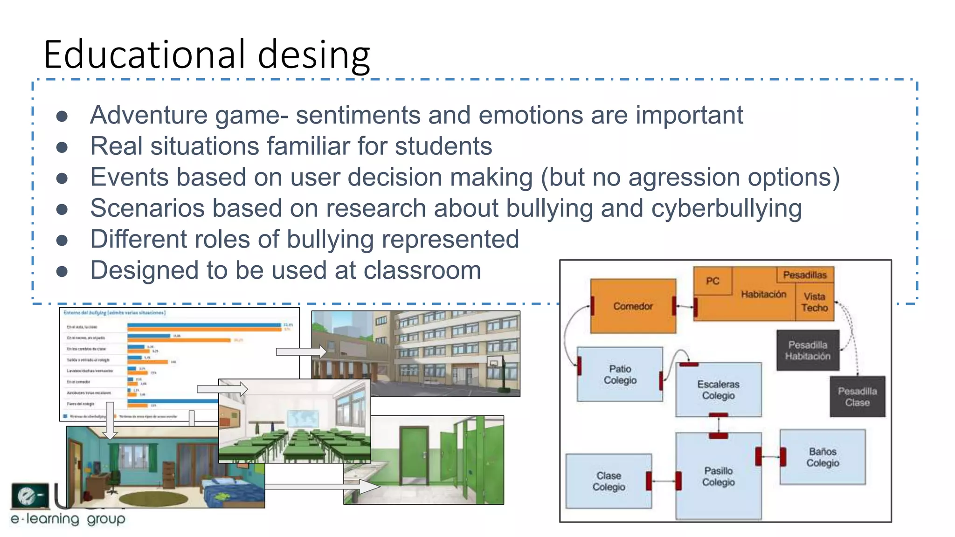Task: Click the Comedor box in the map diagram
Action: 633,306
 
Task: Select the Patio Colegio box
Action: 620,374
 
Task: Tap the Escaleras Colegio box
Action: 718,390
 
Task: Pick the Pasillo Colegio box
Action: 718,476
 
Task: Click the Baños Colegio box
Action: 823,457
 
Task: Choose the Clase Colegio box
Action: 609,481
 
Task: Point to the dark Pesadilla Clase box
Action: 857,397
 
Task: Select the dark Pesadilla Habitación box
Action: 808,351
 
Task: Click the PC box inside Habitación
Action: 713,281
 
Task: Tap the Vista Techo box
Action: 814,302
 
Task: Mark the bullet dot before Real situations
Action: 62,147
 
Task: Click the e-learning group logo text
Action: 68,519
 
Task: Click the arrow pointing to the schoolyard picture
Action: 301,351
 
